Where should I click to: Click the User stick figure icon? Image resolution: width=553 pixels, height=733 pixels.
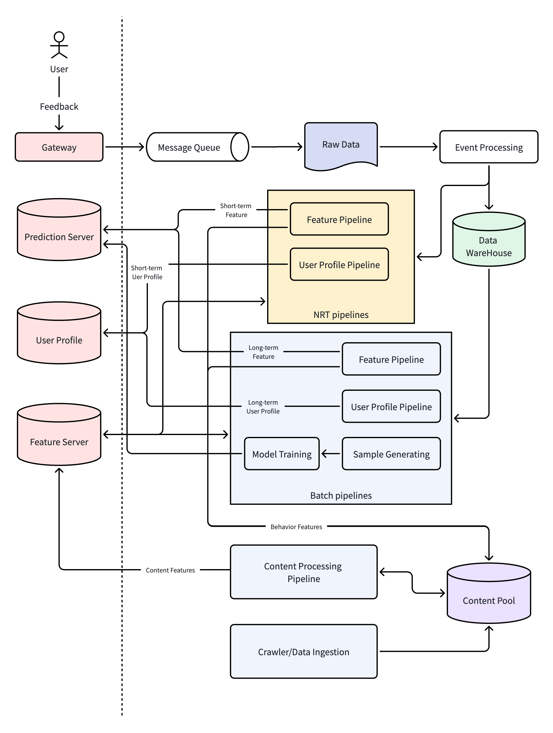pos(59,45)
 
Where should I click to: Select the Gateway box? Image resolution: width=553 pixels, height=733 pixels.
pos(59,147)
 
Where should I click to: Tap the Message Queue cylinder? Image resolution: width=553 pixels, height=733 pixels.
pos(197,147)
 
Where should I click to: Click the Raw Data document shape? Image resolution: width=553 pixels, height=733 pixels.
pos(341,146)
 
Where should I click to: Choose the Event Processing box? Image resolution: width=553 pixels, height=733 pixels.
pos(489,147)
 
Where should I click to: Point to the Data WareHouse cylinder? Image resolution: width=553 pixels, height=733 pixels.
pos(489,239)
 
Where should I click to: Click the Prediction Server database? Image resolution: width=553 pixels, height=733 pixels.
pos(59,229)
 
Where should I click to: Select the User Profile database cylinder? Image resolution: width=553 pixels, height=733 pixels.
pos(59,333)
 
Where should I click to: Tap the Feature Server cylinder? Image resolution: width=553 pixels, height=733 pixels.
pos(59,434)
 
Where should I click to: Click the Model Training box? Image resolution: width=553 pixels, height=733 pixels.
pos(282,453)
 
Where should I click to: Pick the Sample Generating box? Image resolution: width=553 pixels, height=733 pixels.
pos(391,453)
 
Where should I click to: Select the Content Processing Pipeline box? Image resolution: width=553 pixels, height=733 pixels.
pos(303,572)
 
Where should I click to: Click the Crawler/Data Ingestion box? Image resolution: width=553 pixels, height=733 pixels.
pos(303,652)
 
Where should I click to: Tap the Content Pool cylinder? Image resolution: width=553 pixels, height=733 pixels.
pos(489,593)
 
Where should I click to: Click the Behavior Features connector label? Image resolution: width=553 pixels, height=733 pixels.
pos(296,527)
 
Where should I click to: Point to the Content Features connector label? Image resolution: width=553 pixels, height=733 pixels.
pos(170,570)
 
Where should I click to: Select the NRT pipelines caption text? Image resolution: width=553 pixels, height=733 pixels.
pos(341,315)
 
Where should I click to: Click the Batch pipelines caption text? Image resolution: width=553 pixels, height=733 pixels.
pos(341,495)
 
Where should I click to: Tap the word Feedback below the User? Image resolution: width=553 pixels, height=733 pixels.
pos(59,106)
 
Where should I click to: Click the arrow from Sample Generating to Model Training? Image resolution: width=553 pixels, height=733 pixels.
pos(331,453)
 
